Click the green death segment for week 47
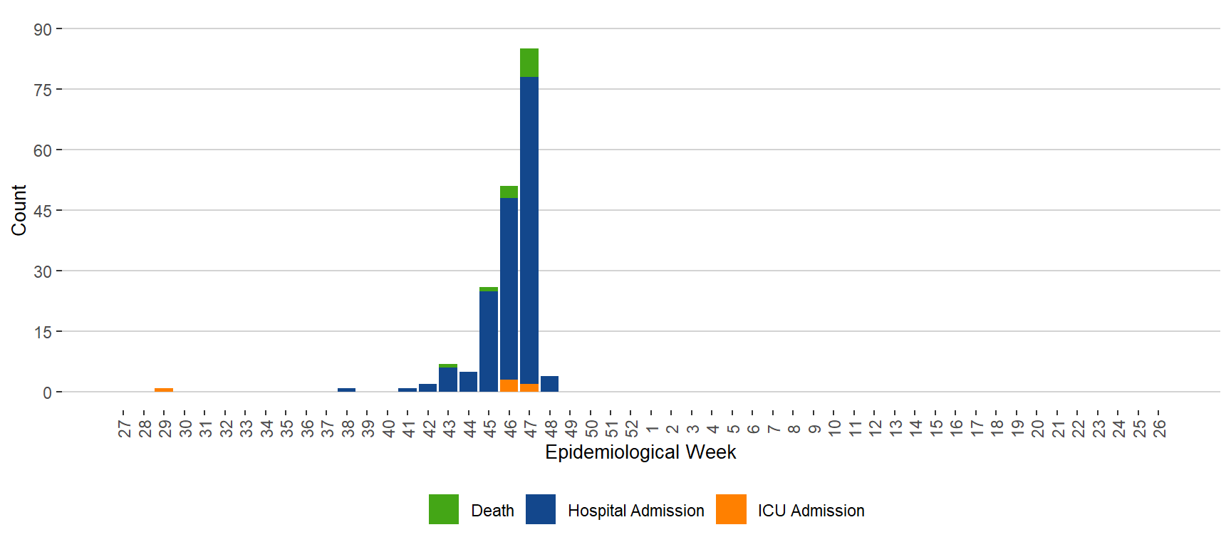[529, 63]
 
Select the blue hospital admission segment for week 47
[529, 228]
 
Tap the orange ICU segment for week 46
[509, 385]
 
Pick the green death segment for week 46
[509, 192]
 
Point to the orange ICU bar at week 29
[164, 390]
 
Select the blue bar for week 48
[549, 384]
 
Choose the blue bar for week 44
[468, 382]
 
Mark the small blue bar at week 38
[346, 390]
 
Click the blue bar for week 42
[427, 387]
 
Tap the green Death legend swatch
[444, 509]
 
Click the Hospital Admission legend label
[635, 511]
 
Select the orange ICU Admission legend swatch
[731, 509]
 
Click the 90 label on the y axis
[43, 29]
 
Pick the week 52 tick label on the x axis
[631, 429]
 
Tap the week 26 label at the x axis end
[1159, 429]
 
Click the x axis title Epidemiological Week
[640, 452]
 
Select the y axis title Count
[19, 210]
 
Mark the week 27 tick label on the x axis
[124, 429]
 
